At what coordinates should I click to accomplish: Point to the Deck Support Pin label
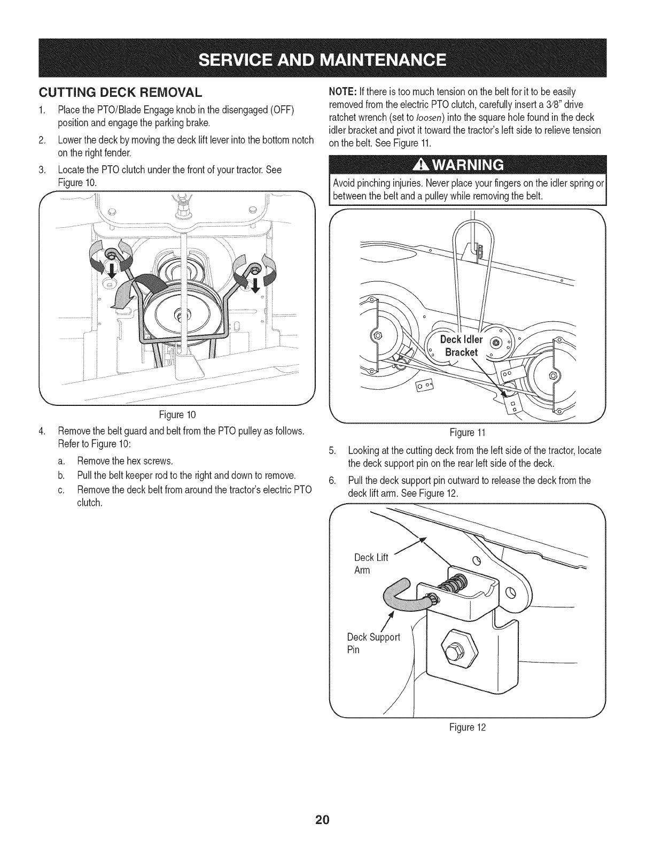pyautogui.click(x=372, y=643)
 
